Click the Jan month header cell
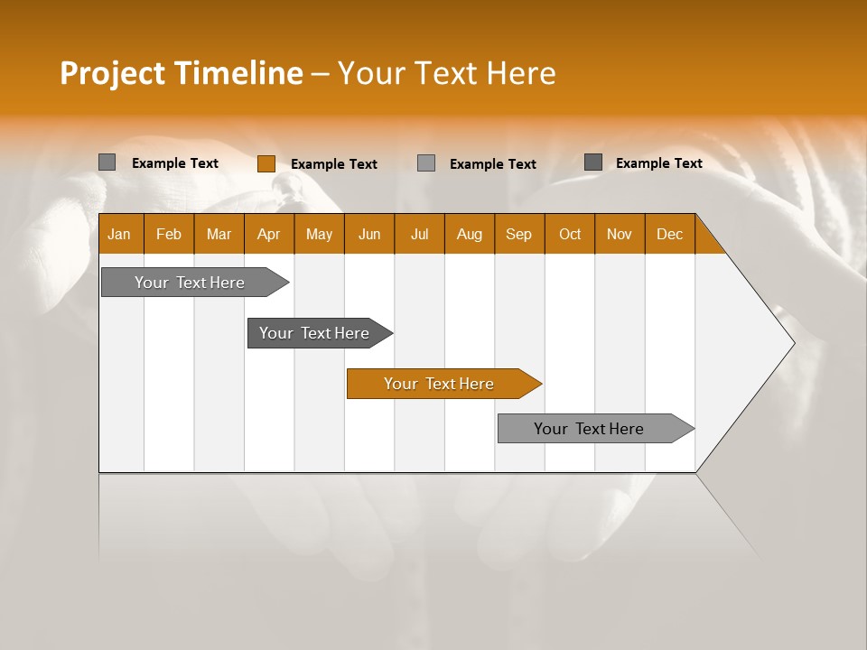point(120,234)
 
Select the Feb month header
point(169,234)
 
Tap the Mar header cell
point(219,234)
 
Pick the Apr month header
point(269,234)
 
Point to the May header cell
point(319,234)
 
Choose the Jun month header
point(369,234)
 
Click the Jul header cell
point(419,234)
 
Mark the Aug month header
point(470,234)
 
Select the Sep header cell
point(519,234)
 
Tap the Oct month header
point(570,234)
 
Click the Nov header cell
point(620,234)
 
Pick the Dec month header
point(670,234)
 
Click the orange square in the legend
point(266,163)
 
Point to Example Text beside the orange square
point(334,164)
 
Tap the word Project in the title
point(112,73)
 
